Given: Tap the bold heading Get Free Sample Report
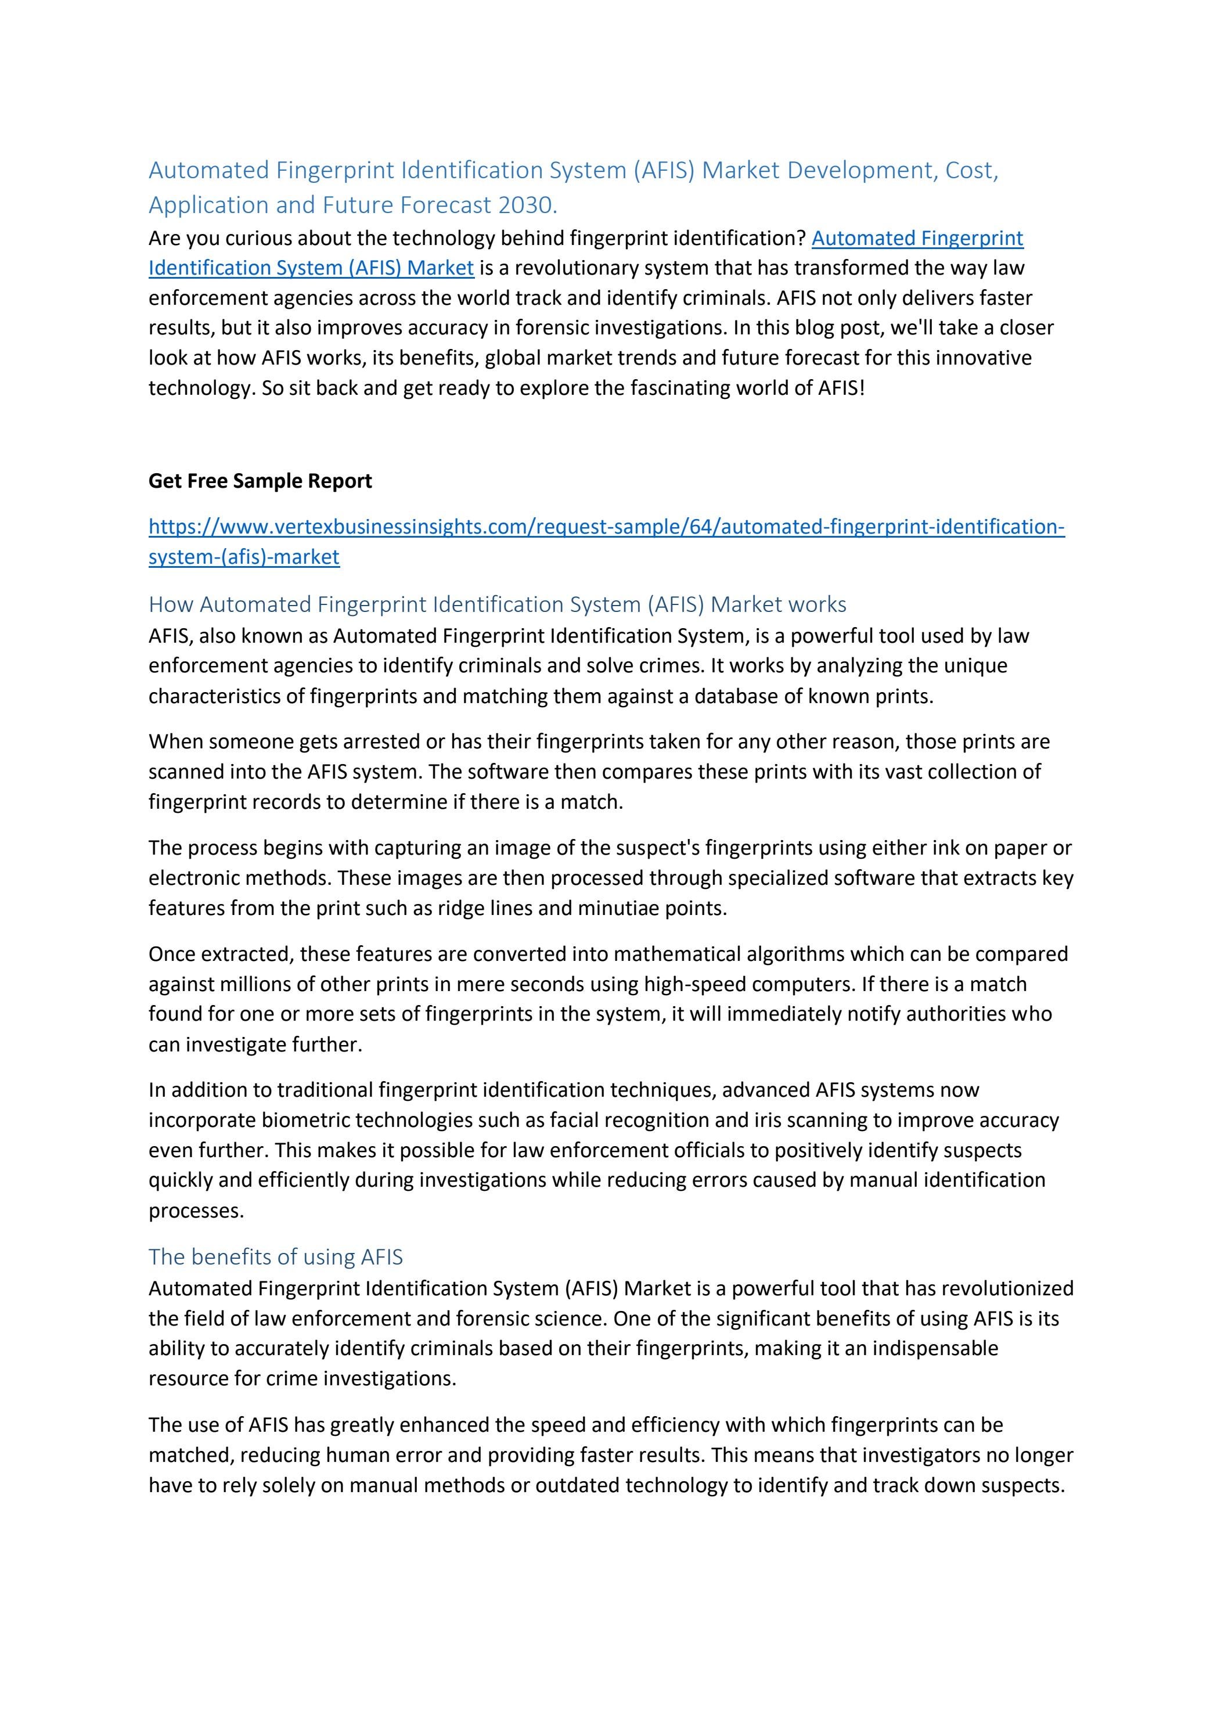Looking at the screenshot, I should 260,481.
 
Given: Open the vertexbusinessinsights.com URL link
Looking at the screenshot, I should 606,526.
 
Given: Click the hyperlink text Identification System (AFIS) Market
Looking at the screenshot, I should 311,268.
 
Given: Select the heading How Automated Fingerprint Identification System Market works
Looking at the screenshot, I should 497,604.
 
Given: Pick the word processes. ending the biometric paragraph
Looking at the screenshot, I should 196,1211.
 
